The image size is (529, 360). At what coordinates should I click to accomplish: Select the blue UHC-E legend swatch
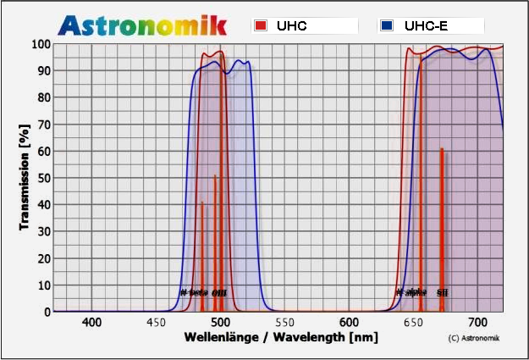tap(386, 26)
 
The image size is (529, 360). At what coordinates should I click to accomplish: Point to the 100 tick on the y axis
tap(41, 44)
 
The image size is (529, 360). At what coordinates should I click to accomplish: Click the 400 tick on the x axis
tap(91, 323)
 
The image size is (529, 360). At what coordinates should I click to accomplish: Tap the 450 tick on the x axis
tap(156, 323)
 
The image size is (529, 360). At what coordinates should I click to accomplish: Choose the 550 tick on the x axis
tap(284, 323)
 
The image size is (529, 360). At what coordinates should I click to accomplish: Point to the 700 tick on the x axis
tap(477, 323)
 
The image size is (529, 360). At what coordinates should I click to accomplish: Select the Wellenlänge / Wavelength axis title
tap(276, 337)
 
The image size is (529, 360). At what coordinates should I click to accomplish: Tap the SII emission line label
tap(442, 292)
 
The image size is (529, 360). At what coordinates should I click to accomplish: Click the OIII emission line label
tap(219, 292)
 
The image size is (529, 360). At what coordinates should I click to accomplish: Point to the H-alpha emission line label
tap(411, 292)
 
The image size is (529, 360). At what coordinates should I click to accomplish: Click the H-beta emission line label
tap(194, 292)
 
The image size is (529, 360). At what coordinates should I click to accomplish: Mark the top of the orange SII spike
tap(442, 149)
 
